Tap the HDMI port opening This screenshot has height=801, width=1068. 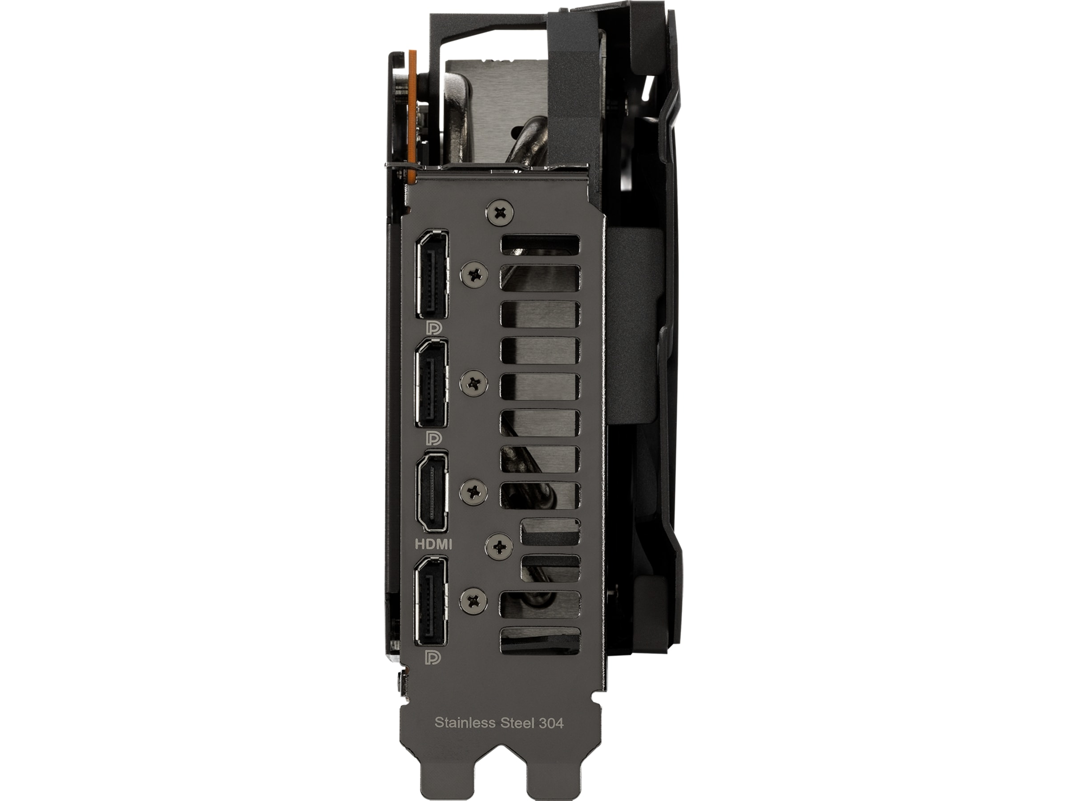[x=431, y=493]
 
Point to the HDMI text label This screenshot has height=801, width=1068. [x=433, y=545]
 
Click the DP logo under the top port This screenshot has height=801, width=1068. [x=433, y=328]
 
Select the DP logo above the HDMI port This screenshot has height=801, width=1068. [x=433, y=437]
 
